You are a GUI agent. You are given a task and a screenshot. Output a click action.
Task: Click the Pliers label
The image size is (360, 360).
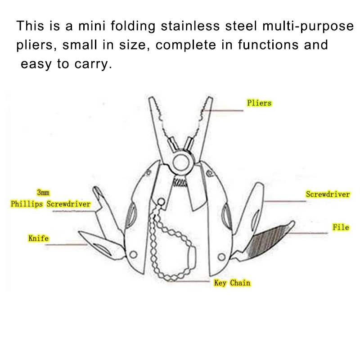tap(259, 103)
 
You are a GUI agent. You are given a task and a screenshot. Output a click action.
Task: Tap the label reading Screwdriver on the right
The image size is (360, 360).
tap(328, 194)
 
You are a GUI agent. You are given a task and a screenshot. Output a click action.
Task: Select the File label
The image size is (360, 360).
tap(341, 227)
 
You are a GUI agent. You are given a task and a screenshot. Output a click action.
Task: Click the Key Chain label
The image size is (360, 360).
tap(232, 283)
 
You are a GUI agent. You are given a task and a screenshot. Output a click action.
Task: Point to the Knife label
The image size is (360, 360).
tap(38, 238)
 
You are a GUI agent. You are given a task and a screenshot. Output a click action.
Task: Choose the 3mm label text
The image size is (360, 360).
tap(43, 193)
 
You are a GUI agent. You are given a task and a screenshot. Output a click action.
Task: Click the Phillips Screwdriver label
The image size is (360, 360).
tap(50, 204)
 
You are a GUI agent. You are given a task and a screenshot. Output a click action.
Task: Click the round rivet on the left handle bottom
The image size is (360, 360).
tap(133, 255)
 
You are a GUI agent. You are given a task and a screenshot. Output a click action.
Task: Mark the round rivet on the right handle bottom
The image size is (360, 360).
tap(221, 256)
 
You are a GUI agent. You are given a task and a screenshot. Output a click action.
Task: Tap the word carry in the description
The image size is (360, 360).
tap(93, 64)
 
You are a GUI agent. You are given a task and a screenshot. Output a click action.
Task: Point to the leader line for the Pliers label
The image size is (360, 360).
tap(222, 111)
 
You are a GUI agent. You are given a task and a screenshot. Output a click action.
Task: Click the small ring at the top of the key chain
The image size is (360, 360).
tap(161, 202)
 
